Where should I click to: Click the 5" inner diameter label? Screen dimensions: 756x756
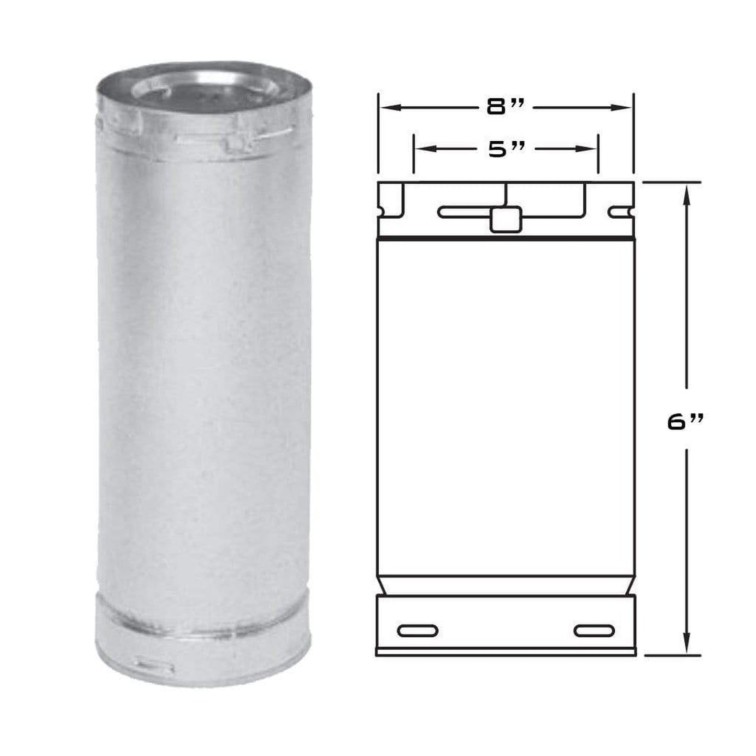[506, 149]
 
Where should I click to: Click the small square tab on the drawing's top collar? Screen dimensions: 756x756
[505, 219]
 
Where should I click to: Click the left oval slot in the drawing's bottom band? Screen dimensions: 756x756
[417, 630]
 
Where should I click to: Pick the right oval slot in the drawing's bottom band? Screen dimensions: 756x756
[594, 630]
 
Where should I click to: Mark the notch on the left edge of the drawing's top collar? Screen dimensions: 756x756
[381, 212]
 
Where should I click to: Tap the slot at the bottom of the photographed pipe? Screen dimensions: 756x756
[154, 667]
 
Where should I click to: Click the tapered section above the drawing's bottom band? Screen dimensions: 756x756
[505, 585]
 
